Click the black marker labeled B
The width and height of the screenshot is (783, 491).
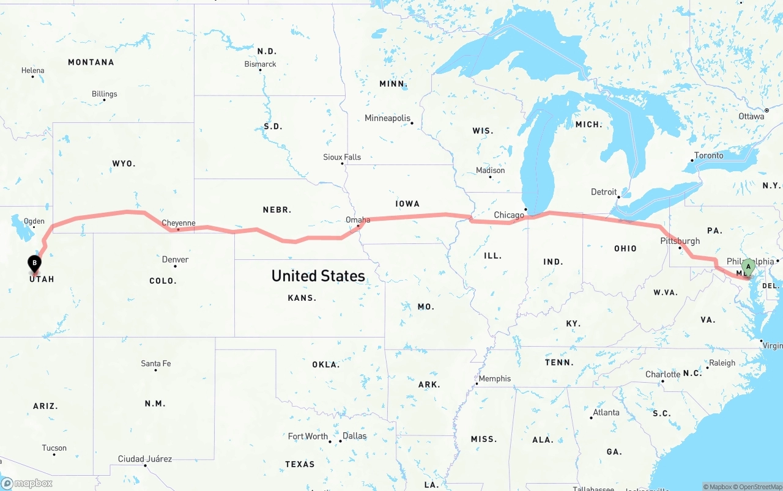click(x=35, y=264)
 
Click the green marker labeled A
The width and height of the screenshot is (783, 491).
click(x=748, y=267)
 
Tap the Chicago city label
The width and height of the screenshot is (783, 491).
click(x=509, y=215)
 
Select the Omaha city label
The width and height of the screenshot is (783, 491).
click(x=358, y=220)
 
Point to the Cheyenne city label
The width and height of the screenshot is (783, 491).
click(x=178, y=223)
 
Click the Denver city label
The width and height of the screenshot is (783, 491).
click(x=175, y=259)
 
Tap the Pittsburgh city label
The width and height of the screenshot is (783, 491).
click(x=680, y=240)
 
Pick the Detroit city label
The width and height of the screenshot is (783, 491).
click(x=604, y=192)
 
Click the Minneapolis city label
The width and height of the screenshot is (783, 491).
click(x=387, y=118)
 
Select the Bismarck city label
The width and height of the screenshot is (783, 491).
click(x=260, y=64)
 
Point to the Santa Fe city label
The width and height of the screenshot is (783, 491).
click(x=155, y=364)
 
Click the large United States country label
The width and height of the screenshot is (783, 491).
click(x=318, y=276)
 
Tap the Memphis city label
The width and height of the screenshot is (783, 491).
click(x=494, y=378)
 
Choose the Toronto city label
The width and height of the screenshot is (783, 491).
click(x=708, y=155)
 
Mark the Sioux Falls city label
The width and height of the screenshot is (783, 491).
click(x=342, y=157)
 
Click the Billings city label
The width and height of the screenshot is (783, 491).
click(x=104, y=94)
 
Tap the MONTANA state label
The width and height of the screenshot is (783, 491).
click(x=91, y=62)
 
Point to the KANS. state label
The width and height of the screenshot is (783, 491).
click(x=302, y=298)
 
